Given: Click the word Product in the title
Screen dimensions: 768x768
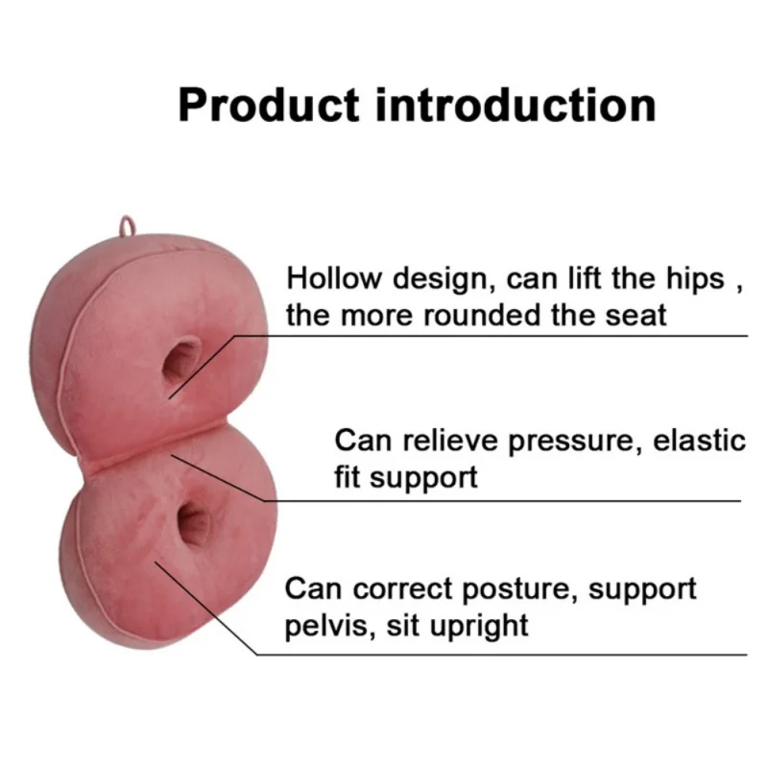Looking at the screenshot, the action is click(269, 105).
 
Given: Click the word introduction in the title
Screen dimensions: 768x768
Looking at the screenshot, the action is click(516, 105).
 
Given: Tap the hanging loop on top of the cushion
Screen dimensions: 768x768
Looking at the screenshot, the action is click(127, 227).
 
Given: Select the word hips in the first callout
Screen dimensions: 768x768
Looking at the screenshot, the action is click(695, 279).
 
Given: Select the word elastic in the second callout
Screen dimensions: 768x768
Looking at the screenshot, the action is click(700, 440).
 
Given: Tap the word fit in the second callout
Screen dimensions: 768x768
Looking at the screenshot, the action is click(348, 477).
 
